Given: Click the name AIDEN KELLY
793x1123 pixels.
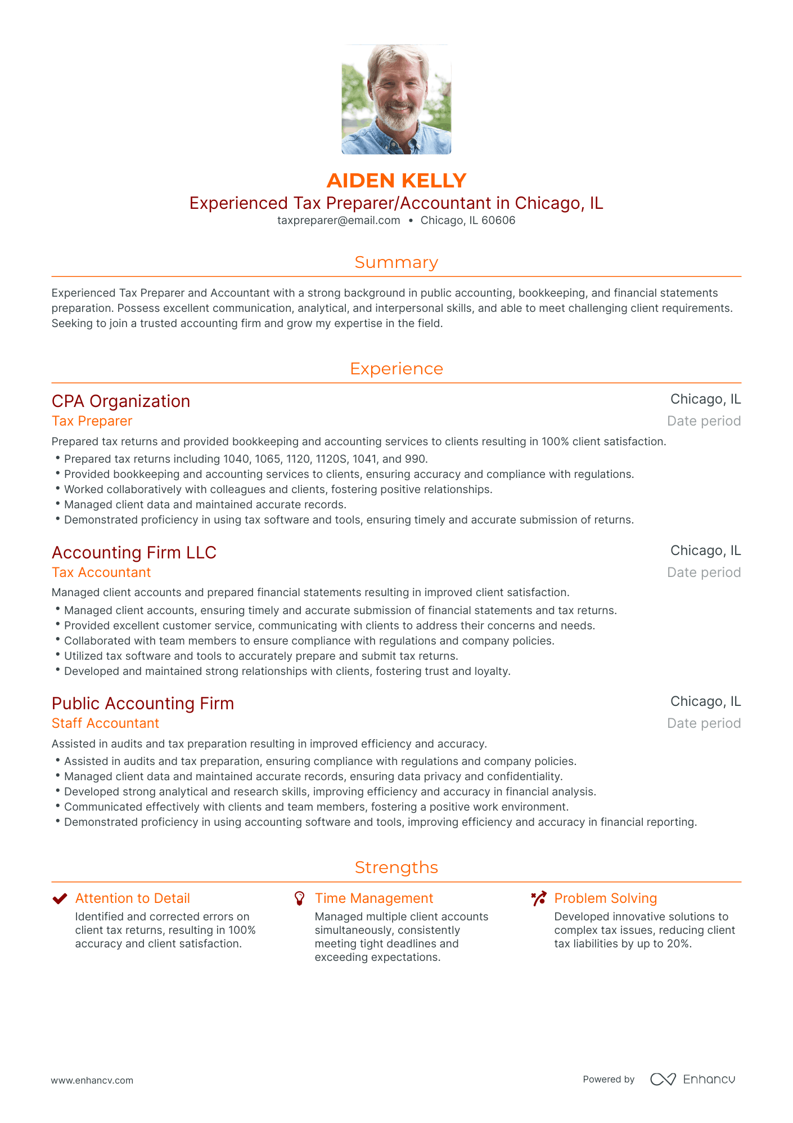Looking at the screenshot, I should [396, 181].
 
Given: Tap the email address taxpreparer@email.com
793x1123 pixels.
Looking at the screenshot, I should [339, 221].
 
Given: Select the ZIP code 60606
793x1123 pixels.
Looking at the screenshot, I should [498, 221].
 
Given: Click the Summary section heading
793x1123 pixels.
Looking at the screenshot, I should [396, 262].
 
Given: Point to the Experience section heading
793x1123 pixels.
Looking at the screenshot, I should [396, 369].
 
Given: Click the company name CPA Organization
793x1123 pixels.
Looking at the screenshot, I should [121, 401].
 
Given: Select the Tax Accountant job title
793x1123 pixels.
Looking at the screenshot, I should [101, 572].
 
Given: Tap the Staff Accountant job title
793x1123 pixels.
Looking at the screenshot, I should [105, 723].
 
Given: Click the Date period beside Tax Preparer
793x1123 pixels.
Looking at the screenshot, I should [704, 421].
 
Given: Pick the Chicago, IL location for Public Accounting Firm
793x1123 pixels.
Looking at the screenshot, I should [705, 701].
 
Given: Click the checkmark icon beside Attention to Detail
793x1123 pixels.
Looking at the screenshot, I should [60, 898].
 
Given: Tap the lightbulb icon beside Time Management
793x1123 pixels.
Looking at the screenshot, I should [300, 898].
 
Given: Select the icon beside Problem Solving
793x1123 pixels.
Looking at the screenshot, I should [539, 898].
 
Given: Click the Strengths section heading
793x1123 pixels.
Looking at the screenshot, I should [396, 867].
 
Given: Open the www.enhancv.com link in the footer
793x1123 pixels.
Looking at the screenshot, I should [92, 1080].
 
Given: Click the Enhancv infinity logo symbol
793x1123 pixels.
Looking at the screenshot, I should [663, 1079].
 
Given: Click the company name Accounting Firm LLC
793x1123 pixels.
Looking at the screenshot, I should [134, 553].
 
